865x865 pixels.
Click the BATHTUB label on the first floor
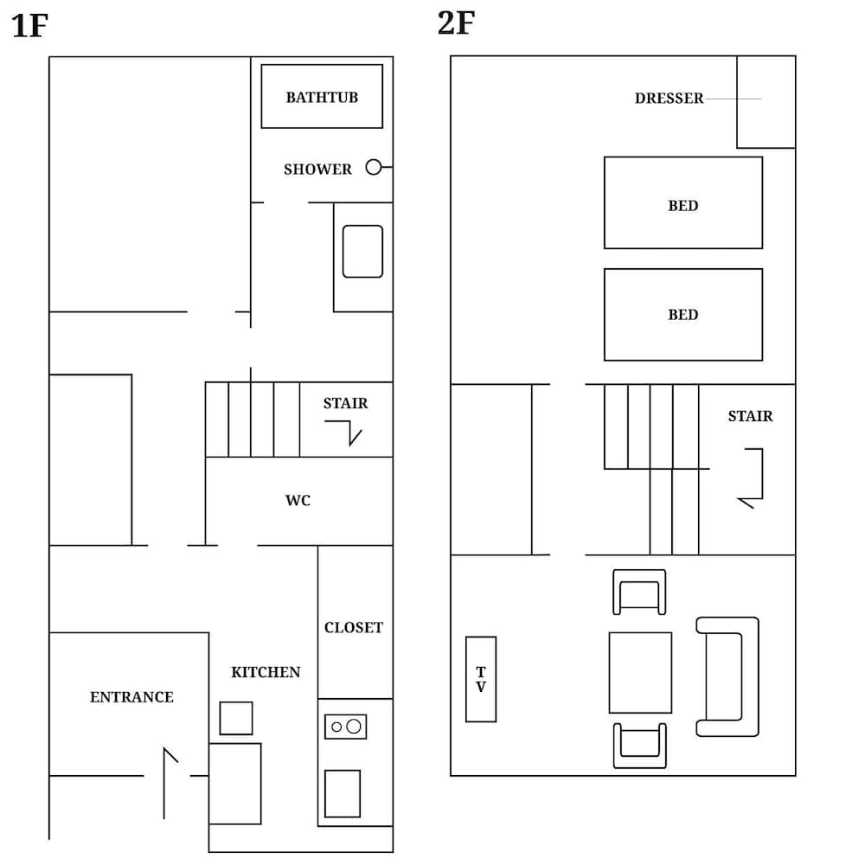click(322, 97)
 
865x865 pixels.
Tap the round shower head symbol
click(373, 167)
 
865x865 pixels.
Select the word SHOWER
click(317, 170)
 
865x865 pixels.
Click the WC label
click(298, 501)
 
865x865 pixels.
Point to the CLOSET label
click(353, 628)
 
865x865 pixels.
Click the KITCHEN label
click(266, 672)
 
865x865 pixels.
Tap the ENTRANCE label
click(131, 697)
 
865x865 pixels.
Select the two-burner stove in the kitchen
click(345, 727)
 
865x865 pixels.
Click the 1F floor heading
click(29, 26)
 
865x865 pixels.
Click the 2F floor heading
click(456, 23)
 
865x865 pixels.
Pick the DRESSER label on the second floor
click(669, 99)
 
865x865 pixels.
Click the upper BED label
click(682, 206)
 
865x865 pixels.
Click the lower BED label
click(682, 315)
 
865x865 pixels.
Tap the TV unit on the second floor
click(481, 679)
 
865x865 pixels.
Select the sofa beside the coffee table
click(727, 676)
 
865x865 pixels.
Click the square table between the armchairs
click(640, 672)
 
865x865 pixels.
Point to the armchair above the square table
click(639, 592)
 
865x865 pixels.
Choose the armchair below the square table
click(640, 746)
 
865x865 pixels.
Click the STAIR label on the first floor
click(345, 403)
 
